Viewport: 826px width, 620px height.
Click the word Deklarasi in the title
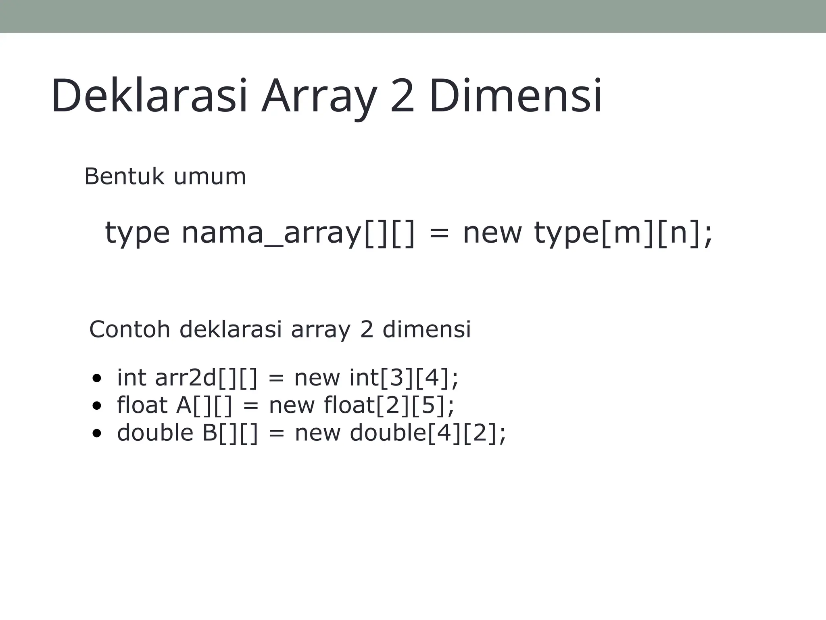click(149, 96)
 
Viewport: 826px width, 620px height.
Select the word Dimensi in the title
click(515, 96)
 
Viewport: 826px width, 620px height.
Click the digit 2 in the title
click(402, 96)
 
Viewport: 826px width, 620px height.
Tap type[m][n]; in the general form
click(624, 233)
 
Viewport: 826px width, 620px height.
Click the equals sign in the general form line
click(439, 234)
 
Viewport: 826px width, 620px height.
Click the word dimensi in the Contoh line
click(426, 329)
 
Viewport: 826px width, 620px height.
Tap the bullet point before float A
click(96, 406)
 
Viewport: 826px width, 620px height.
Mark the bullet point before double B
click(96, 433)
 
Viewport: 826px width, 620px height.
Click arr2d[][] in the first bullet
click(206, 378)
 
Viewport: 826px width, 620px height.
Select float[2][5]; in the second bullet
click(389, 405)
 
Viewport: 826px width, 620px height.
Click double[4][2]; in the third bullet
click(428, 433)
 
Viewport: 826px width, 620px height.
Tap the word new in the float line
click(292, 405)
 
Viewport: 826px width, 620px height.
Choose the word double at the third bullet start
click(155, 432)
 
